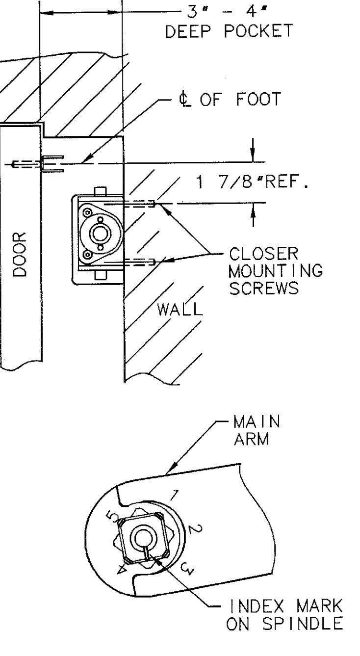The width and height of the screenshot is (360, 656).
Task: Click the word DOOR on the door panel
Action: (x=20, y=255)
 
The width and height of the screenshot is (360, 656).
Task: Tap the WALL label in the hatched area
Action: (x=180, y=309)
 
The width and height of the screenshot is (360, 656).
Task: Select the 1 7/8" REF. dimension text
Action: (x=252, y=182)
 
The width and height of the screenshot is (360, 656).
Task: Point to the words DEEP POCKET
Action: (x=229, y=31)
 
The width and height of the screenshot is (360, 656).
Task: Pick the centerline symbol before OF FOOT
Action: (x=185, y=100)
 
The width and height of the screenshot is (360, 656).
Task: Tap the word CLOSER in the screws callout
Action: (x=263, y=254)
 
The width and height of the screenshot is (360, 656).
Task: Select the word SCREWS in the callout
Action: (x=264, y=288)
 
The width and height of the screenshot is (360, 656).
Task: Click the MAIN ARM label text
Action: (x=257, y=430)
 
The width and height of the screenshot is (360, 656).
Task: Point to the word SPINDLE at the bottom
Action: (x=302, y=624)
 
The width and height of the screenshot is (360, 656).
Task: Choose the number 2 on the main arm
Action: (x=194, y=529)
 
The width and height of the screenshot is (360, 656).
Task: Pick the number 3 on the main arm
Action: (x=187, y=568)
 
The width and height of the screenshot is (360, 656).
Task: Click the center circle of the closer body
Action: (x=101, y=234)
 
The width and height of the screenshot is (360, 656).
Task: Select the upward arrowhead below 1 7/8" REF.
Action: (x=253, y=210)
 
